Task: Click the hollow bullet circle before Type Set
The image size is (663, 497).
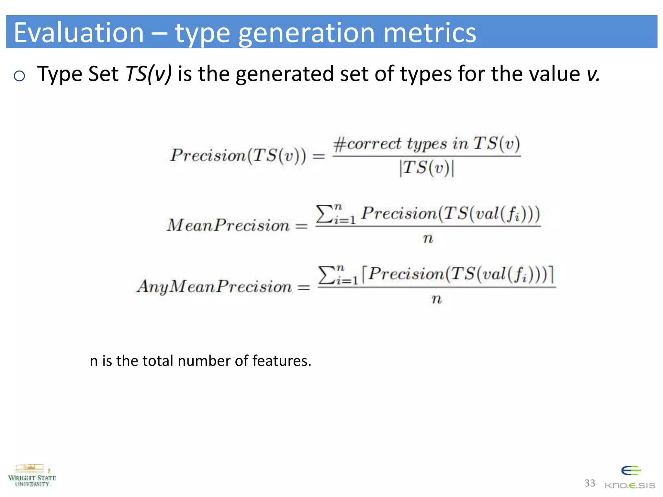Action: (19, 76)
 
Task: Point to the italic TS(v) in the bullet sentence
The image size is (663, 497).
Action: (149, 74)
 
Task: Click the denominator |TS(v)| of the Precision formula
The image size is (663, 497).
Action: (427, 168)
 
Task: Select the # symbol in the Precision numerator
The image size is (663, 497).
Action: (340, 144)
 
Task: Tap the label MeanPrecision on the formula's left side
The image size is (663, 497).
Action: (228, 225)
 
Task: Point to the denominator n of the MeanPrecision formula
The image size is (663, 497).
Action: (428, 238)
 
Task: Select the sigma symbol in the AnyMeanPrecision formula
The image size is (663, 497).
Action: (327, 275)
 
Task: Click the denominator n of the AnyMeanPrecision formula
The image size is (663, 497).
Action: (436, 299)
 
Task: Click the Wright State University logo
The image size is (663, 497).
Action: (32, 476)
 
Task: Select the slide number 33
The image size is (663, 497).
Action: (590, 483)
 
